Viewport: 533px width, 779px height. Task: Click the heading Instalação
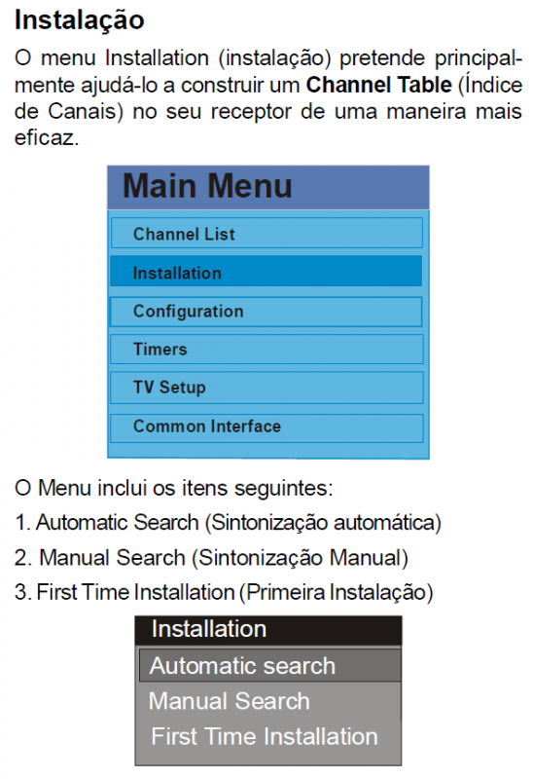click(x=80, y=20)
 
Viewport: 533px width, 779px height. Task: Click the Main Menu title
click(x=207, y=186)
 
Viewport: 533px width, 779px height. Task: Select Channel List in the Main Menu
click(x=266, y=233)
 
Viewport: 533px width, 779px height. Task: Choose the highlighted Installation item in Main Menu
click(x=266, y=272)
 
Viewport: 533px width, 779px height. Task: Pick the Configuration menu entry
click(x=266, y=312)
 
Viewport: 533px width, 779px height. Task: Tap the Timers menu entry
click(x=266, y=350)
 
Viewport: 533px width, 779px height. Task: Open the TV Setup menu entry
click(x=266, y=388)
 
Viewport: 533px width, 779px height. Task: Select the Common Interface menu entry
click(x=266, y=427)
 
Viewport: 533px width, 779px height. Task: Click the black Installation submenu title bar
click(x=268, y=630)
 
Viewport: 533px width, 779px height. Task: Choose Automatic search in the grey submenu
click(x=270, y=666)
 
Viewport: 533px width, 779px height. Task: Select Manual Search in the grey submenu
click(x=230, y=701)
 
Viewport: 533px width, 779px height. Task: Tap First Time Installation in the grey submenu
click(x=265, y=736)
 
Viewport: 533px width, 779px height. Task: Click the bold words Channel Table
click(x=379, y=85)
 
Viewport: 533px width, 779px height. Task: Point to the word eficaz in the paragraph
click(x=47, y=137)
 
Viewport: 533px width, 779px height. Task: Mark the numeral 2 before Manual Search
click(x=22, y=557)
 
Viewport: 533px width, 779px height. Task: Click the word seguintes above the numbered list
click(x=283, y=489)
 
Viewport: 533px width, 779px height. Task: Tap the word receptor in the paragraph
click(x=252, y=111)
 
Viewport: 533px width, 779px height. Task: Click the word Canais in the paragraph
click(x=86, y=111)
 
